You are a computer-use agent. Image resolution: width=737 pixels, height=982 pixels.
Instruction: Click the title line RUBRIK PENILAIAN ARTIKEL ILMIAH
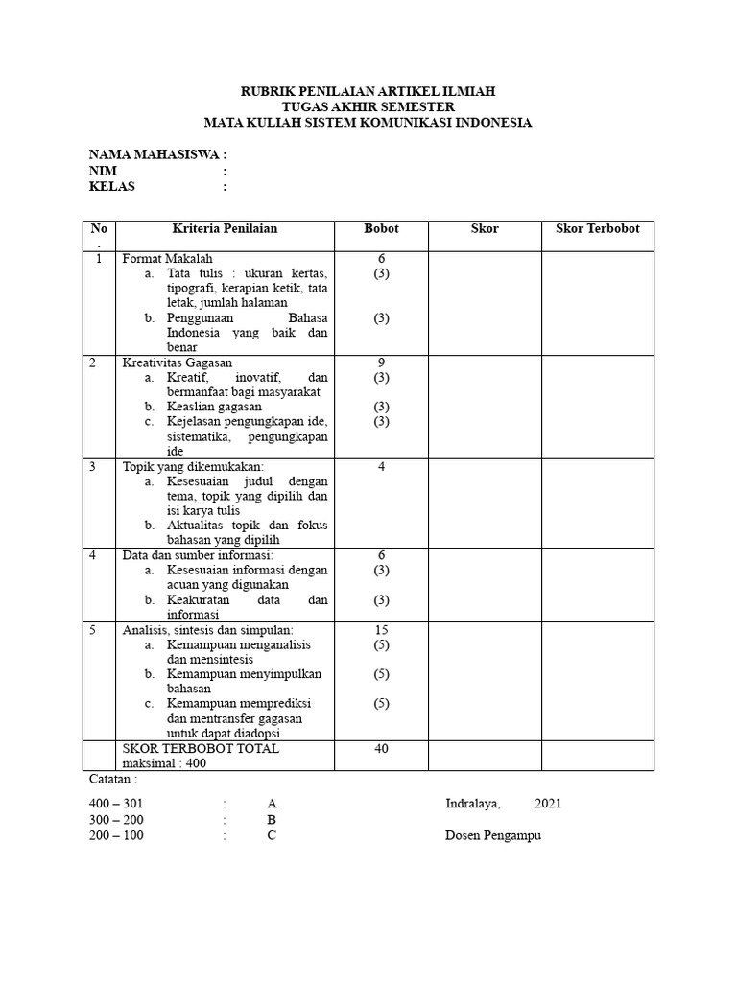(x=368, y=91)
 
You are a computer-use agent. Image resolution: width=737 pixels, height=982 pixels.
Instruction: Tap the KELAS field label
(x=112, y=186)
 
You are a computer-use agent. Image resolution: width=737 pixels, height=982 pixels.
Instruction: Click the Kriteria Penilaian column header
(x=225, y=229)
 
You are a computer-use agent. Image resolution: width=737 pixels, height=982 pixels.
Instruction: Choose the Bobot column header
(x=381, y=229)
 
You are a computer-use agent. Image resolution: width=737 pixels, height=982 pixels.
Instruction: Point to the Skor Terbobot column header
(x=597, y=229)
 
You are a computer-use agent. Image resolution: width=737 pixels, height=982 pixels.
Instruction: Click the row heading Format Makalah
(x=167, y=259)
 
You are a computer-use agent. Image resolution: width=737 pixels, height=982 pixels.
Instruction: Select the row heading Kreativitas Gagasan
(x=178, y=362)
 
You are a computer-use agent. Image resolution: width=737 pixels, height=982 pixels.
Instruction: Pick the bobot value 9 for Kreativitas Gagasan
(x=381, y=362)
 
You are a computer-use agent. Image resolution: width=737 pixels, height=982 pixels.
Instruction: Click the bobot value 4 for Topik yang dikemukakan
(x=381, y=467)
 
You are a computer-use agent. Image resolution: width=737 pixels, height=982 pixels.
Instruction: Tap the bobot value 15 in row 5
(x=381, y=630)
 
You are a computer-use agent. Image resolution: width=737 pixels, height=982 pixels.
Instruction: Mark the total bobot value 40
(x=381, y=749)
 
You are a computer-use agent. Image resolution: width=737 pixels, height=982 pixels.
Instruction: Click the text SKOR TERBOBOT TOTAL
(x=201, y=749)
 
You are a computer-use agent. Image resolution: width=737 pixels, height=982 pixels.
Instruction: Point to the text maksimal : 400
(x=163, y=764)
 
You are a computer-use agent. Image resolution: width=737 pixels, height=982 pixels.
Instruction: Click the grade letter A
(x=273, y=804)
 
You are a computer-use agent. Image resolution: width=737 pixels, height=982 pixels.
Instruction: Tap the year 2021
(x=548, y=804)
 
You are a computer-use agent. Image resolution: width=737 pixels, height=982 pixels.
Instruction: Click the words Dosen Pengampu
(x=493, y=835)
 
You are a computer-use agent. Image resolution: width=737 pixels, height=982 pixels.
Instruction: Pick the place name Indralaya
(x=472, y=804)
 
